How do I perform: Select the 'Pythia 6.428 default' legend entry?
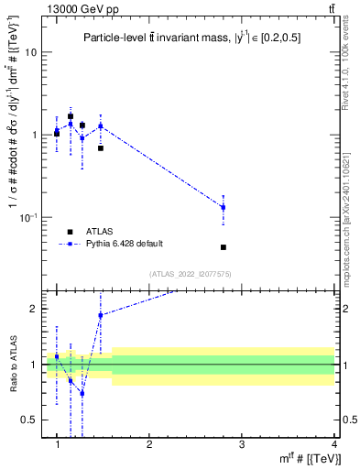tap(123, 244)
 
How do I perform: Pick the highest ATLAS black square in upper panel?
tap(71, 116)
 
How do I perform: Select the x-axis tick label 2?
tap(149, 444)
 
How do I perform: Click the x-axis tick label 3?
tap(242, 444)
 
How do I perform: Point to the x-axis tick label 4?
tap(334, 444)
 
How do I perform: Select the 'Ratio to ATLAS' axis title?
tap(13, 364)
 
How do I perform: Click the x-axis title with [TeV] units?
tap(307, 458)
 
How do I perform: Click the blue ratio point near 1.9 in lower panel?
tap(101, 315)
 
